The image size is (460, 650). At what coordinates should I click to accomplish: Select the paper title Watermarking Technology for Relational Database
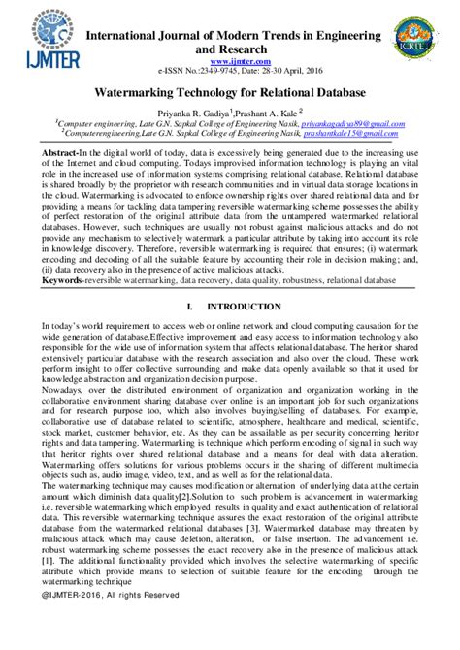click(229, 95)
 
